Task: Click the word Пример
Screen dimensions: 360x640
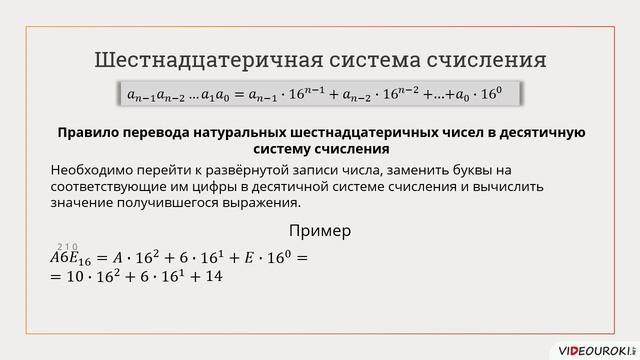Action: [x=320, y=231]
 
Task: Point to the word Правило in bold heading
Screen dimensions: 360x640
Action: [x=89, y=132]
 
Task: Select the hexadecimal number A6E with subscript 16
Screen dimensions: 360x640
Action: [x=72, y=258]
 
